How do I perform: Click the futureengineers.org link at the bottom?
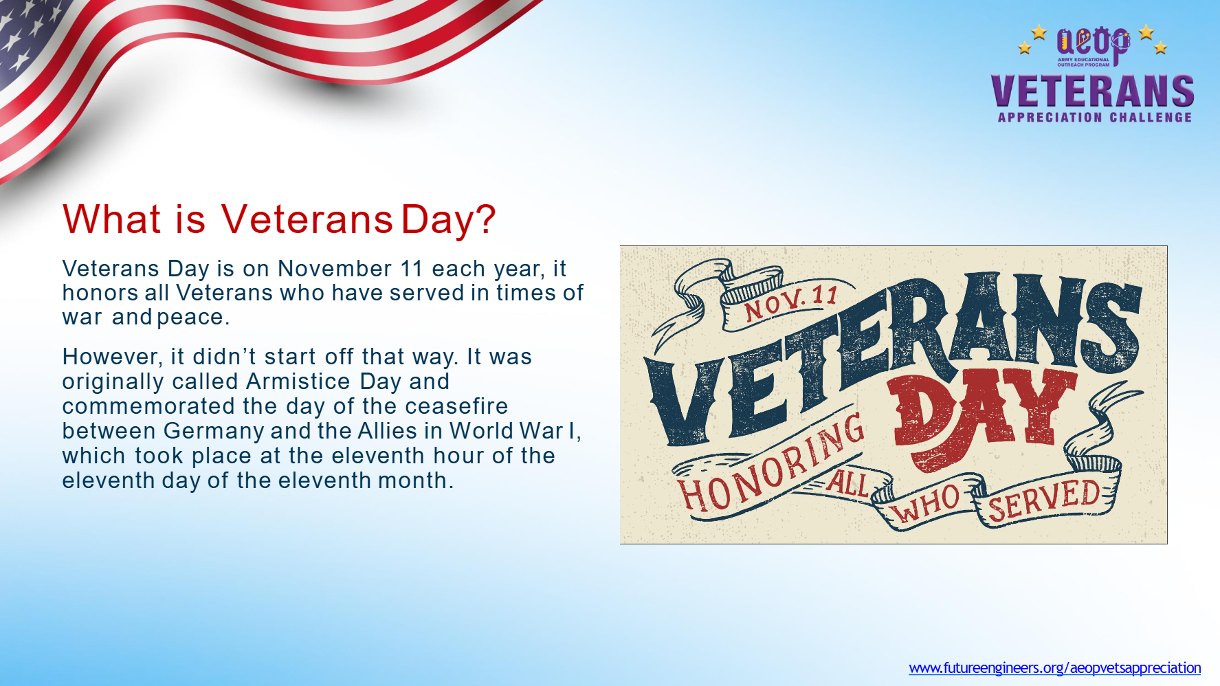tap(1054, 667)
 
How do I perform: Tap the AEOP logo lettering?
tap(1093, 43)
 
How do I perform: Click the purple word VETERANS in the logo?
tap(1093, 91)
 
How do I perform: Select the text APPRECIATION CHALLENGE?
tap(1095, 118)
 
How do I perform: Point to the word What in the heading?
tap(111, 219)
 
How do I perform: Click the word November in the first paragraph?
tap(335, 268)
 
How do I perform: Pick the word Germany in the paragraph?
tap(214, 432)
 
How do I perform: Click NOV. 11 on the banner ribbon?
tap(791, 302)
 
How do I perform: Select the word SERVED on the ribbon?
tap(1044, 499)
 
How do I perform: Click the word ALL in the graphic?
tap(847, 483)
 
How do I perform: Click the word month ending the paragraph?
tap(416, 480)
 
